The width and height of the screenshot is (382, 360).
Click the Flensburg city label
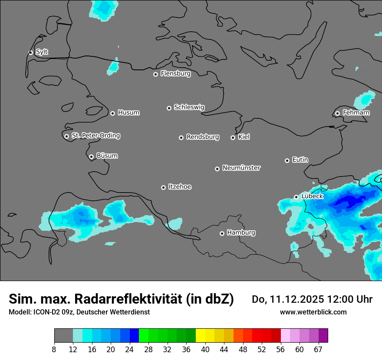pos(175,74)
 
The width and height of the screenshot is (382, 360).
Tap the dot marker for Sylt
pos(31,52)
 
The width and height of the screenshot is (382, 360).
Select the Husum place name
pos(128,113)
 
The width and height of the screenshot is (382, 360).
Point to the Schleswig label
pos(189,107)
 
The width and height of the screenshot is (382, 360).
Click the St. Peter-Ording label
pos(96,136)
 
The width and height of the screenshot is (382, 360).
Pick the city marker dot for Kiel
pos(233,137)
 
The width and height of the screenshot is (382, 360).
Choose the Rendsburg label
pos(203,137)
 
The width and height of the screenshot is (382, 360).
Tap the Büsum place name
pos(107,156)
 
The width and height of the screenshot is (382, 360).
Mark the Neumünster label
pos(241,168)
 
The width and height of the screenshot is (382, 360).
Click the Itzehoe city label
pos(180,187)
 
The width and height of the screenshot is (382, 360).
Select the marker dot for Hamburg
pos(222,233)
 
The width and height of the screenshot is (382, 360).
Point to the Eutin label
pos(300,160)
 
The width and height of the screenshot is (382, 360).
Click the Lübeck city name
pos(312,196)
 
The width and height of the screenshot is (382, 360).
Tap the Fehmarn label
pos(356,113)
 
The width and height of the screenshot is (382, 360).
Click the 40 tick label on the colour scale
pos(205,350)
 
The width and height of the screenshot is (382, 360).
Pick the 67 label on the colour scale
pos(318,350)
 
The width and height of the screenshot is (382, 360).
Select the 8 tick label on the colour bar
pos(54,350)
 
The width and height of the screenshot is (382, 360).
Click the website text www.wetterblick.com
pos(313,312)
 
